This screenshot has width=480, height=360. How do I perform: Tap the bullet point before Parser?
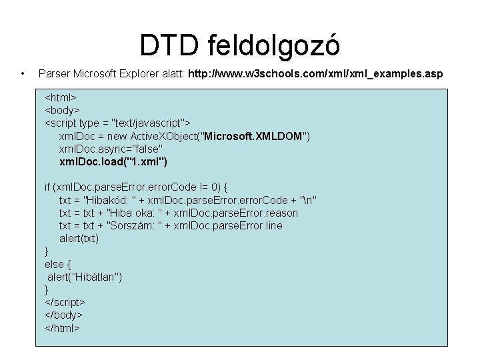click(x=23, y=73)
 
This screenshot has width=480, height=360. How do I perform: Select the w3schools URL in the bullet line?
click(x=318, y=73)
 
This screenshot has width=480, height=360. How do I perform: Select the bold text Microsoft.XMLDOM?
click(x=255, y=137)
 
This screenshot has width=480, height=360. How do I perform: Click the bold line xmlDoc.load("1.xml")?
click(x=113, y=162)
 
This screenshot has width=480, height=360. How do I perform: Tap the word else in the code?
click(x=54, y=264)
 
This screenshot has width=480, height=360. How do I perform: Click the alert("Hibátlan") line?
click(x=85, y=277)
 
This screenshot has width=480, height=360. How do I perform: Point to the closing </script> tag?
click(x=65, y=302)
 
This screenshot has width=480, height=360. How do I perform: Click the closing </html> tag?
click(x=63, y=327)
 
